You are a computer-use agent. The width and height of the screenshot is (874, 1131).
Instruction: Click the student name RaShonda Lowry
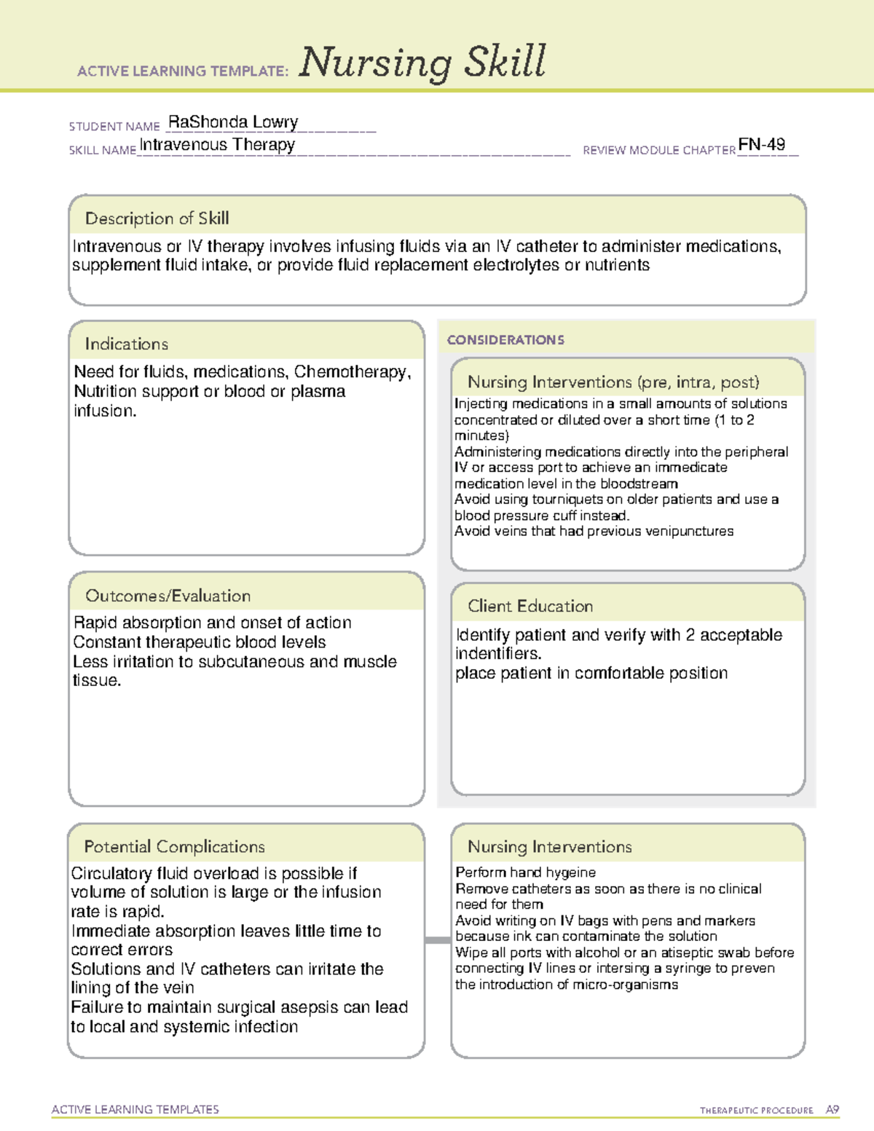pos(233,122)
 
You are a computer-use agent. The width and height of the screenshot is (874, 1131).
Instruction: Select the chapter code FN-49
pos(761,144)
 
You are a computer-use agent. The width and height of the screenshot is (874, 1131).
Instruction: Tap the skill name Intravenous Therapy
pos(217,145)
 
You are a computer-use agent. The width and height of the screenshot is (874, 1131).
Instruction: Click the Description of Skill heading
pos(157,218)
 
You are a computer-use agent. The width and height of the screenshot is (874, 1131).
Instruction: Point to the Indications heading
pos(126,344)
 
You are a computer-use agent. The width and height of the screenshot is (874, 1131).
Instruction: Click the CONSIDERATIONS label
pos(505,340)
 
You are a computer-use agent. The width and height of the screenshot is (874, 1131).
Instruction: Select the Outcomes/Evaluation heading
pos(168,596)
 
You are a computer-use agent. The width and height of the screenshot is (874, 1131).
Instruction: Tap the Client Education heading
pos(530,606)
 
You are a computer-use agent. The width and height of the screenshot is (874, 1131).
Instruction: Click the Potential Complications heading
pos(174,846)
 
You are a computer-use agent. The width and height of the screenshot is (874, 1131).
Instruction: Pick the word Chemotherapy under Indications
pos(352,372)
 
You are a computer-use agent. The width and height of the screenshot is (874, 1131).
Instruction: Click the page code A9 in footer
pos(832,1110)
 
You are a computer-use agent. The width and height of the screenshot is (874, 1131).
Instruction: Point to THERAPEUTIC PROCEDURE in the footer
pos(756,1111)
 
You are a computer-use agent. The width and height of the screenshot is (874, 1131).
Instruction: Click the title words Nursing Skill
pos(422,63)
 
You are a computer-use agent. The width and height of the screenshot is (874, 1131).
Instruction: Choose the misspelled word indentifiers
pos(498,654)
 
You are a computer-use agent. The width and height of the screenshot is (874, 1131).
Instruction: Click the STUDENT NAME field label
pos(114,127)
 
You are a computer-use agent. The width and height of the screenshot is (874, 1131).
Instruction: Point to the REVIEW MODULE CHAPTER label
pos(658,150)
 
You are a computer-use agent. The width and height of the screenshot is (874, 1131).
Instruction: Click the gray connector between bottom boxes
pos(437,940)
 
